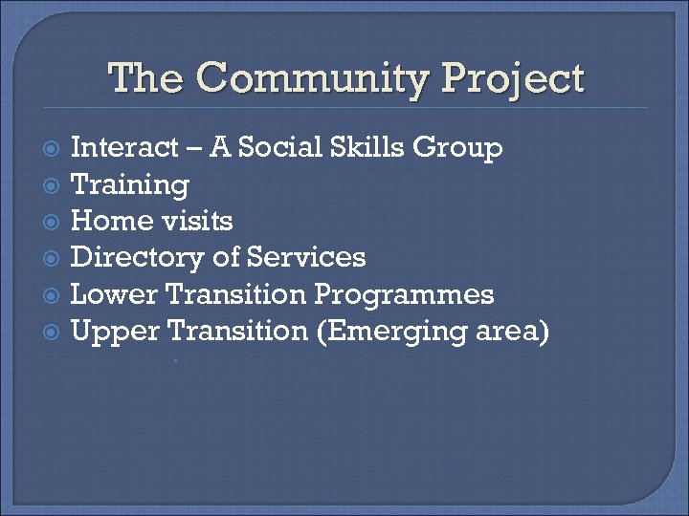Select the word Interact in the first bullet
125,148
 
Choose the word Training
130,184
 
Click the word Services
306,257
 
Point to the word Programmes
404,294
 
